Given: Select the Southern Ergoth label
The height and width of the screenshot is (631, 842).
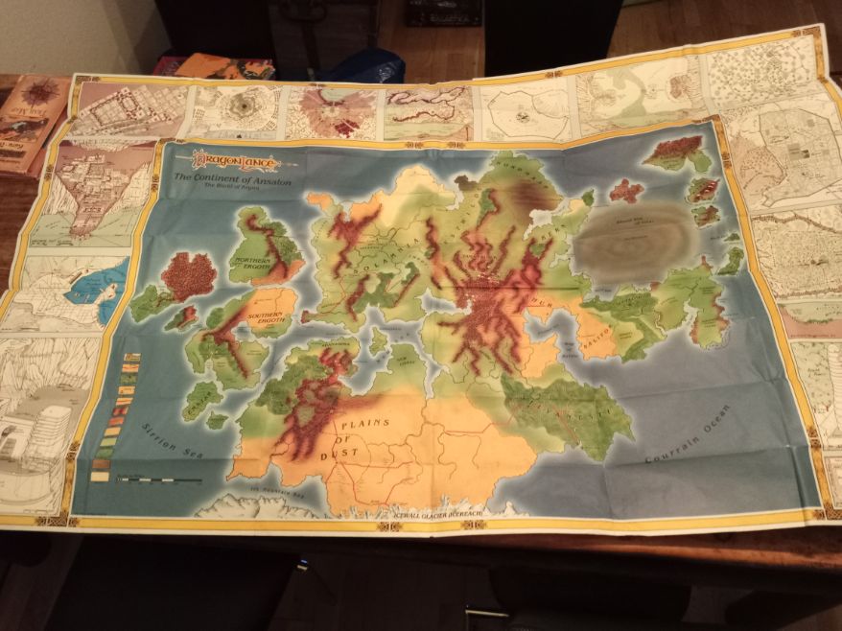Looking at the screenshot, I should click(262, 315).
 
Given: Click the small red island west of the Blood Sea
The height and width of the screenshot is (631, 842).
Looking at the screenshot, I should click(625, 190).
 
